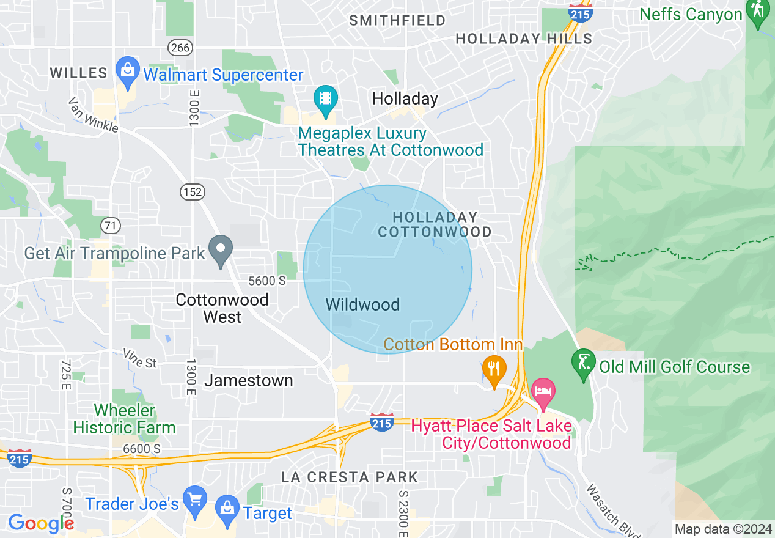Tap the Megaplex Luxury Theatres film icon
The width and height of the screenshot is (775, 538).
326,98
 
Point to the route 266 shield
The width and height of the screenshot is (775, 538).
182,47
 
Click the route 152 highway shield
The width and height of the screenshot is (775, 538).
191,192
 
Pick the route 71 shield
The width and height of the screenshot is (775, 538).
111,226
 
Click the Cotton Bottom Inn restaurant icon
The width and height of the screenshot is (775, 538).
494,369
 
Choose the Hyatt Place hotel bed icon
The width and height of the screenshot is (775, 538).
543,390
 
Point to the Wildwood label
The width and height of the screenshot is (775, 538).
362,304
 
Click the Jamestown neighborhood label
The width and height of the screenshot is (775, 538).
249,380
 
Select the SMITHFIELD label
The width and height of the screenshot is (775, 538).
397,21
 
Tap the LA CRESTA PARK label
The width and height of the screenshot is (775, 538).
350,477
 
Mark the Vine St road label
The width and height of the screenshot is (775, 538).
139,358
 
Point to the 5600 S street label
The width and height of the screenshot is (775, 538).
267,281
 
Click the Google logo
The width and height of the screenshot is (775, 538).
40,523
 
